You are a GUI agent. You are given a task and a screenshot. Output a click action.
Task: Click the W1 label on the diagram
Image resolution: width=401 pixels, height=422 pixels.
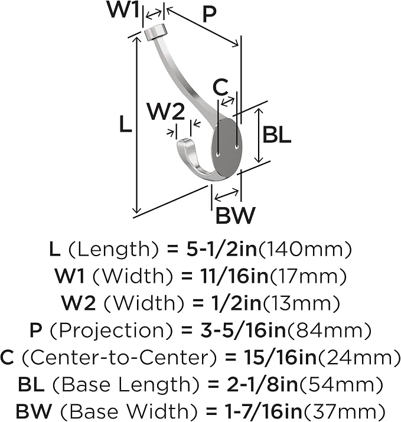(x=123, y=9)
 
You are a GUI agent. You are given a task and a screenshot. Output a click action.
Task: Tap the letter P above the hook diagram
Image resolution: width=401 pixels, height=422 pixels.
(x=209, y=15)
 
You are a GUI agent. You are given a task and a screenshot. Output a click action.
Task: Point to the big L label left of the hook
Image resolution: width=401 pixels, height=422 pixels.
(x=126, y=123)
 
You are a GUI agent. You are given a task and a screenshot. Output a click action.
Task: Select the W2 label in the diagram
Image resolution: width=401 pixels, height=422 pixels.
(x=166, y=112)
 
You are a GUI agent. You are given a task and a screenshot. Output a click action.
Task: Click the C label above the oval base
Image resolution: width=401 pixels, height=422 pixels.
(x=220, y=87)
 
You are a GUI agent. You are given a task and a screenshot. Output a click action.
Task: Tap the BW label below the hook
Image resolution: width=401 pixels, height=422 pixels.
(x=235, y=215)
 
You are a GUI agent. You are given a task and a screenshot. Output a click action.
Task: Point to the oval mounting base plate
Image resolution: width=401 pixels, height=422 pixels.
(x=227, y=149)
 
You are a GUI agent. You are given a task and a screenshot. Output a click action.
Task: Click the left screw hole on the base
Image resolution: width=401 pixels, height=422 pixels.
(x=219, y=155)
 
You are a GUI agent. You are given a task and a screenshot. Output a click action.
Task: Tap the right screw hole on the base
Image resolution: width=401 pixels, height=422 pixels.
(x=237, y=147)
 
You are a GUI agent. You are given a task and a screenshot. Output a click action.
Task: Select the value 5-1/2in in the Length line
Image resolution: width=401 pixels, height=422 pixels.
(x=221, y=249)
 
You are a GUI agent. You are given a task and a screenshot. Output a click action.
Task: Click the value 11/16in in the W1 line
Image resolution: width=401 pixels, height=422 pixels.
(x=234, y=276)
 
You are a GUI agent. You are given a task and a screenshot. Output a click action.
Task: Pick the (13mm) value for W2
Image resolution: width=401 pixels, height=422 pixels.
(x=301, y=303)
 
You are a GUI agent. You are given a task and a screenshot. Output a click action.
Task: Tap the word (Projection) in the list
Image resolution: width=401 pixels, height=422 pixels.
(x=111, y=331)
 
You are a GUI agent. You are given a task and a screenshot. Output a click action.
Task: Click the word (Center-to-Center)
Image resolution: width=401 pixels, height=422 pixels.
(x=119, y=358)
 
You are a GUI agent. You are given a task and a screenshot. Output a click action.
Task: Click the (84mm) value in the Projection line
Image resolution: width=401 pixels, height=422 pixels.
(x=329, y=331)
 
